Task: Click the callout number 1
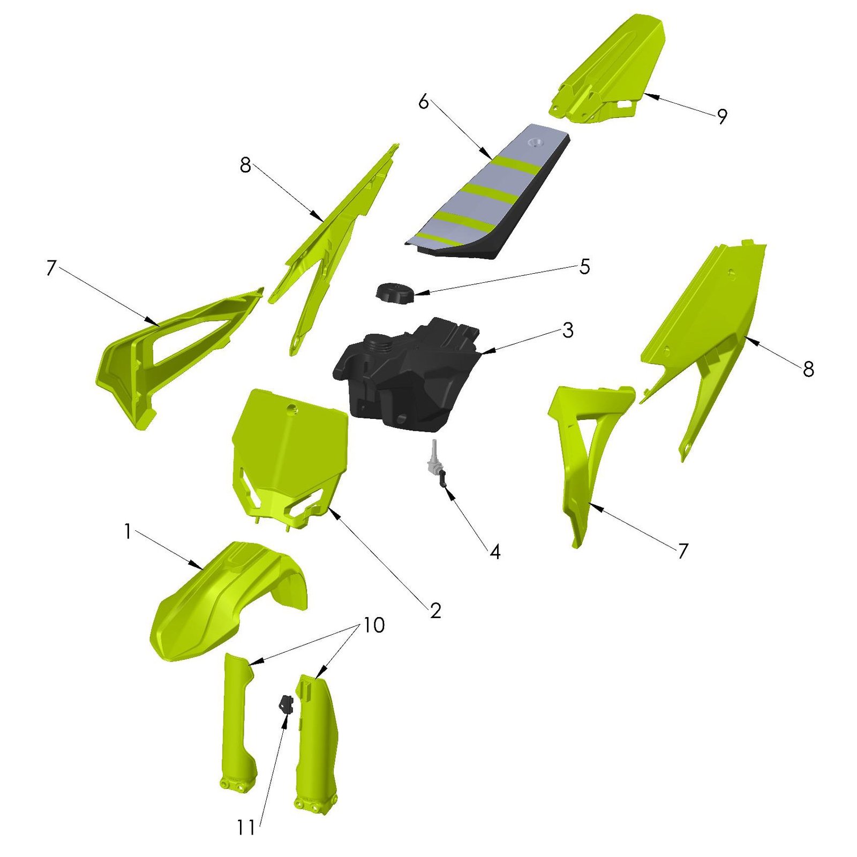pyautogui.click(x=127, y=531)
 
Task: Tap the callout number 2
pyautogui.click(x=435, y=610)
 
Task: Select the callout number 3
pyautogui.click(x=568, y=330)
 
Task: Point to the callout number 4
pyautogui.click(x=495, y=552)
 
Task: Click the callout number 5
pyautogui.click(x=584, y=266)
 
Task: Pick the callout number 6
pyautogui.click(x=424, y=101)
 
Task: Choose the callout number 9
pyautogui.click(x=722, y=116)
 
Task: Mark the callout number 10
pyautogui.click(x=374, y=625)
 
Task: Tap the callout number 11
pyautogui.click(x=246, y=828)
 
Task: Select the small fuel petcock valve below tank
pyautogui.click(x=437, y=463)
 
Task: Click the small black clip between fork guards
pyautogui.click(x=286, y=703)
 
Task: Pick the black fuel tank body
pyautogui.click(x=407, y=375)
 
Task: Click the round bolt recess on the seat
pyautogui.click(x=535, y=142)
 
